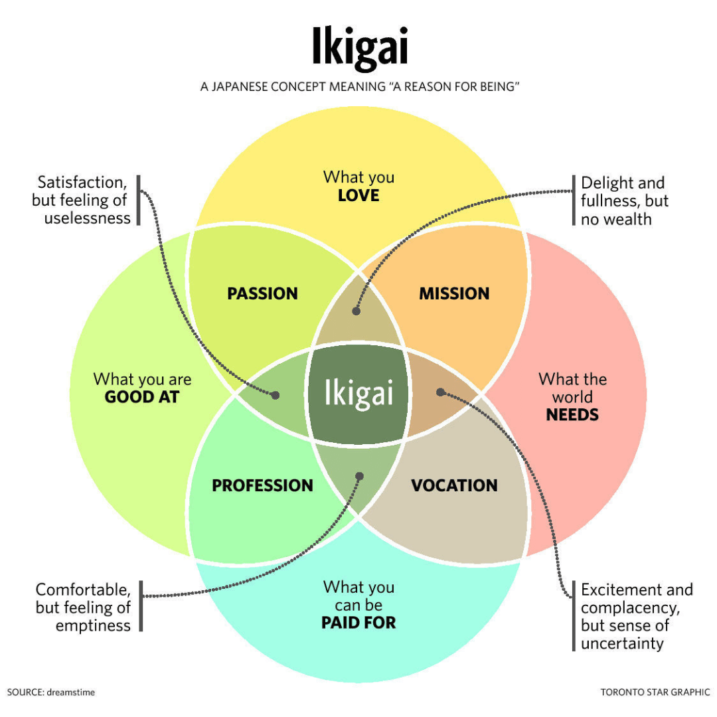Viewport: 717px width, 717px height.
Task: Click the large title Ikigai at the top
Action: tap(359, 48)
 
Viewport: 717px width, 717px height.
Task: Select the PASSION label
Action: tap(262, 293)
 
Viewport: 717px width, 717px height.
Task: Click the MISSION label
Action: tap(454, 293)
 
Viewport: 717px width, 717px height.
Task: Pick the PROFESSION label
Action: tap(262, 485)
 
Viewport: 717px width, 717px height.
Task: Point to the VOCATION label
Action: tap(454, 485)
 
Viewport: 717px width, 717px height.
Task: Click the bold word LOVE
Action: tap(358, 195)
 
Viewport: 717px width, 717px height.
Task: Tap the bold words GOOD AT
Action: tap(142, 397)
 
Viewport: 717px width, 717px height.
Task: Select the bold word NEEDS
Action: tap(572, 415)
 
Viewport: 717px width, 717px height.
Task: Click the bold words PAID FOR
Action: tap(358, 623)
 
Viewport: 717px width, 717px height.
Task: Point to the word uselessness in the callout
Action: tap(88, 218)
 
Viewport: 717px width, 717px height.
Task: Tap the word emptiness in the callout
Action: tap(93, 625)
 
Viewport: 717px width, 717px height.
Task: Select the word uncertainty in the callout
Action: tap(622, 643)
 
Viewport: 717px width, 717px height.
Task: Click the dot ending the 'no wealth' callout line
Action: tap(357, 310)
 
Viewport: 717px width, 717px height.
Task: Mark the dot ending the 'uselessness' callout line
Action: tap(276, 395)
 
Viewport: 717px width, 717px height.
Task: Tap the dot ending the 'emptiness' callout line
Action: tap(360, 476)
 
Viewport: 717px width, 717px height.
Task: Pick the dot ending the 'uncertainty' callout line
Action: tap(440, 392)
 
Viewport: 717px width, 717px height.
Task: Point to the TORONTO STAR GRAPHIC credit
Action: tap(655, 692)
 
